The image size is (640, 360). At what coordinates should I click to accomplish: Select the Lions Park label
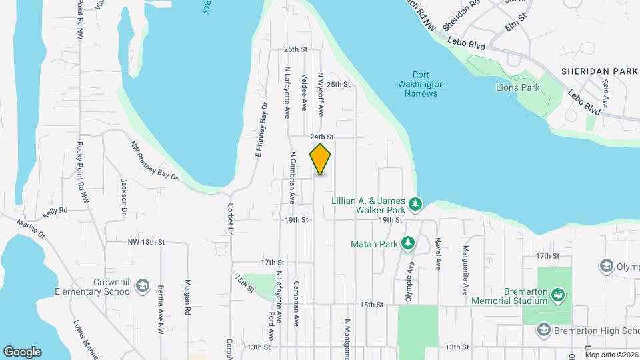517,87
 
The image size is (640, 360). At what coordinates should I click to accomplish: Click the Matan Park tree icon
408,244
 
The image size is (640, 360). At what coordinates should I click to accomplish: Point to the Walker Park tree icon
415,203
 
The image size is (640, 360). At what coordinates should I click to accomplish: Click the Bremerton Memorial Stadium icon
559,294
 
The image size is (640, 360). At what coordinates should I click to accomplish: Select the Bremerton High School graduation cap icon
543,331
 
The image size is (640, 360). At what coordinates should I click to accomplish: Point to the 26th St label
295,49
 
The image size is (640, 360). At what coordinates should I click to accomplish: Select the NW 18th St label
146,243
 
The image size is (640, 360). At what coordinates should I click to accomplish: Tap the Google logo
22,351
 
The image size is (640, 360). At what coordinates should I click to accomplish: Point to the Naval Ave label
439,254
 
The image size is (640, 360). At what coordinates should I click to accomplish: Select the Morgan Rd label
189,297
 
